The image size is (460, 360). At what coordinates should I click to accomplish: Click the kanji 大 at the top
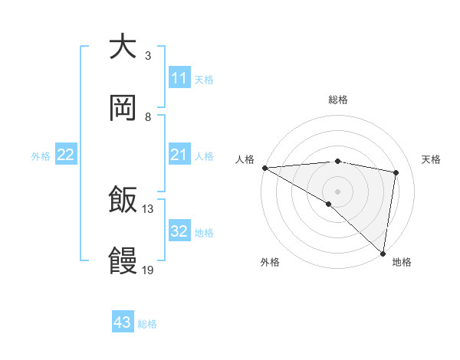(123, 47)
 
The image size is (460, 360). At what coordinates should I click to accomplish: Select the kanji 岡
(123, 108)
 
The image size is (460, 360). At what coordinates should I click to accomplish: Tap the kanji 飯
(123, 201)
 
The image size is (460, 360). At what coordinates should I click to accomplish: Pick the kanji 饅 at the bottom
(123, 262)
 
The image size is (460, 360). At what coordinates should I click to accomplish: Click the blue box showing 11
(179, 78)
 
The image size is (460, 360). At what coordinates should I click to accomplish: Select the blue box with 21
(179, 155)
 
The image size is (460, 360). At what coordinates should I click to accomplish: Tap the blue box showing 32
(179, 232)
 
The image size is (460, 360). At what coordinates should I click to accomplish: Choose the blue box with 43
(123, 323)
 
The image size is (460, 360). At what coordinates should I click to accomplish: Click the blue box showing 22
(66, 155)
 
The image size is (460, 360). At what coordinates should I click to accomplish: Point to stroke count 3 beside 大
(148, 56)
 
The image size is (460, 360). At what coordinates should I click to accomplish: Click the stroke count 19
(148, 270)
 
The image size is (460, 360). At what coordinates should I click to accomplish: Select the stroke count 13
(148, 209)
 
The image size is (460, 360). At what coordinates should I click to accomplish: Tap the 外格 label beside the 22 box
(41, 156)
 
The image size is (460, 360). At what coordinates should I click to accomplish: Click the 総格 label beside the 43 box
(147, 324)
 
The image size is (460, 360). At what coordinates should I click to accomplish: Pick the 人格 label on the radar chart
(246, 159)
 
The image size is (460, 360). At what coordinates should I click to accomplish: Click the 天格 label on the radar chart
(431, 159)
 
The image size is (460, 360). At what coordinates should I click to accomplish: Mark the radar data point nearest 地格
(383, 254)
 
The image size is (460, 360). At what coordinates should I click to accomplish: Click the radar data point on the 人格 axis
(264, 168)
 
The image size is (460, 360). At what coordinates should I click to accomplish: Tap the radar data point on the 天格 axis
(396, 172)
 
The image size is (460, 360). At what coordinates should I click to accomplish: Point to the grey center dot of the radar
(337, 191)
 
